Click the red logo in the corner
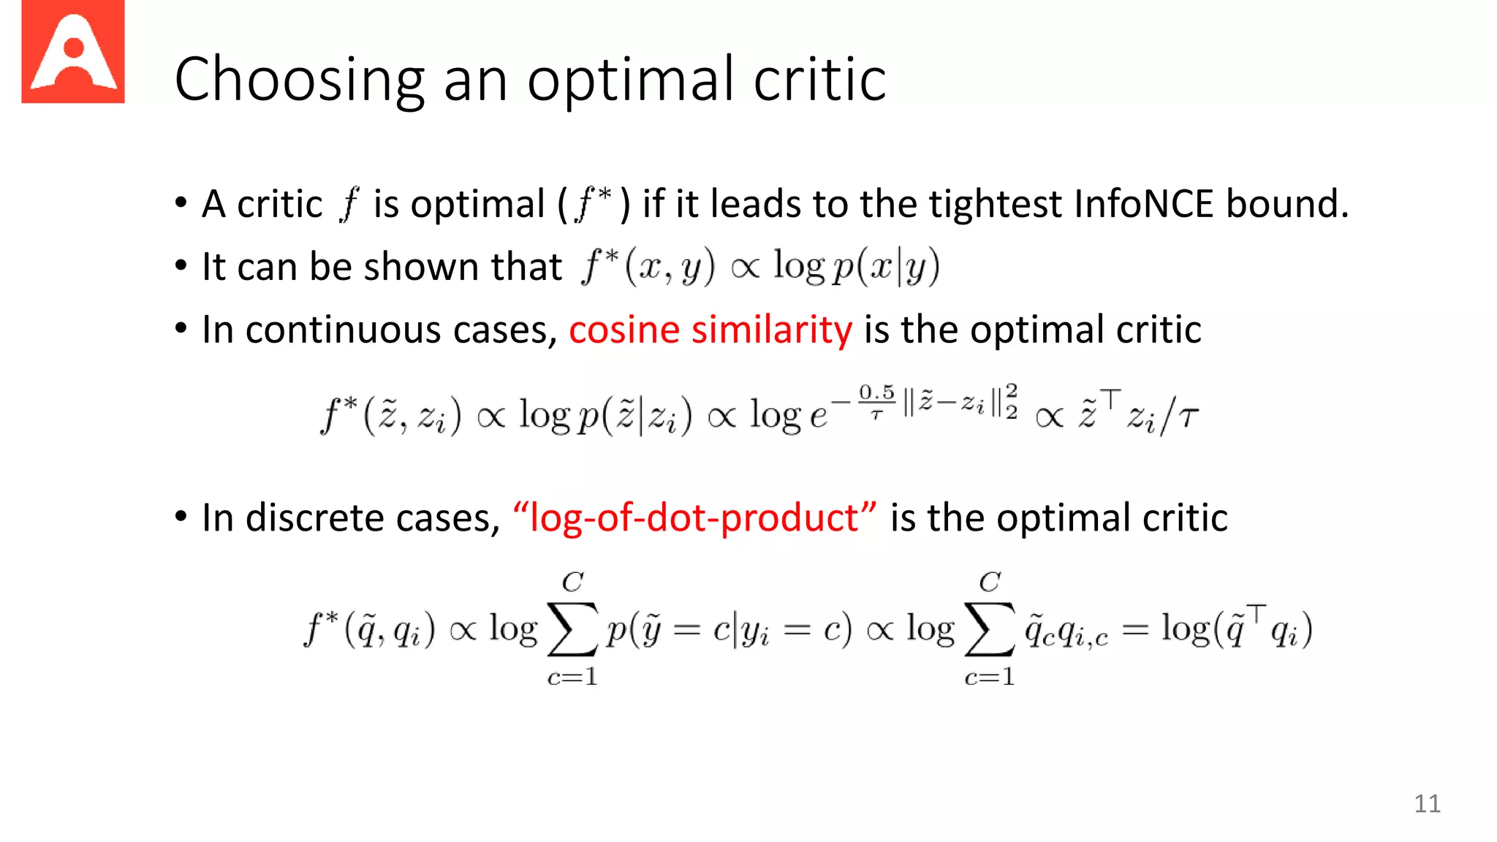coord(73,51)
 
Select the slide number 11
coord(1427,803)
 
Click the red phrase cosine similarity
coord(710,330)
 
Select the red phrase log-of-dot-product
coord(695,518)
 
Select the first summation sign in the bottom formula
coord(572,629)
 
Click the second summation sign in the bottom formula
coord(990,629)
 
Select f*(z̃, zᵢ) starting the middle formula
coord(391,416)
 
